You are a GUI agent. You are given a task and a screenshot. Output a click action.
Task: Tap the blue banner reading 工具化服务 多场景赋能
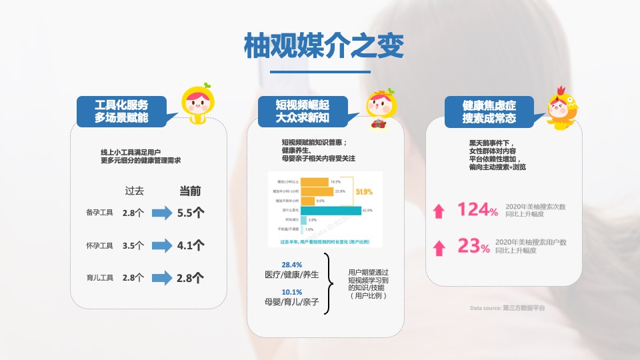121,111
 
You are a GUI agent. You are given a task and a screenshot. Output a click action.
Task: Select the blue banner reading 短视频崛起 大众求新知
303,111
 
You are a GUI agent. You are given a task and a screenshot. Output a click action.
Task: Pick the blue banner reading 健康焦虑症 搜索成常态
489,111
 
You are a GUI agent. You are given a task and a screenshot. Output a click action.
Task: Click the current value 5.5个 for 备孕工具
191,213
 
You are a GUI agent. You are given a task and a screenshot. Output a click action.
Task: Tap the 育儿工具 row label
100,277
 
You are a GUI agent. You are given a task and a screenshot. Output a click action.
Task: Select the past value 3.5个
133,245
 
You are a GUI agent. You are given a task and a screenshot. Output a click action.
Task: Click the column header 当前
190,191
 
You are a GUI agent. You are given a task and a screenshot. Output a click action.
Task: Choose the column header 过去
134,191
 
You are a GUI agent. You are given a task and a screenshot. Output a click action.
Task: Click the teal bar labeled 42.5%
330,210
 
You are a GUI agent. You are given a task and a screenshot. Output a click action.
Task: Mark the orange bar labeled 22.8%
317,191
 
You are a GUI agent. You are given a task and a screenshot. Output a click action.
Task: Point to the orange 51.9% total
364,192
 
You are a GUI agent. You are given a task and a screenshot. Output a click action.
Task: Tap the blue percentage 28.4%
291,264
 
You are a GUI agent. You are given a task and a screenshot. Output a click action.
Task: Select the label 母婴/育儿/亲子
291,303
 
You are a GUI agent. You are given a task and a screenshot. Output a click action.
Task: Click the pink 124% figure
477,210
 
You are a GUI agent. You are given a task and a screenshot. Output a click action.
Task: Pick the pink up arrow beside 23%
439,248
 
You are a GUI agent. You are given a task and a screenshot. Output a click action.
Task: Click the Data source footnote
507,308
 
